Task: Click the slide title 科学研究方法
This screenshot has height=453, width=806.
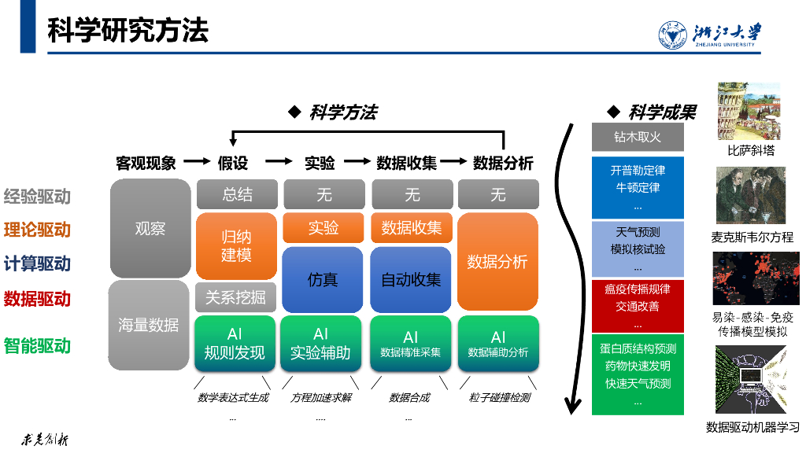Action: [128, 31]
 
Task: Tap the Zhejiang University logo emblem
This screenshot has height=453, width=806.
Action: [674, 35]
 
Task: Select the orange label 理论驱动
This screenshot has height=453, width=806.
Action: [37, 230]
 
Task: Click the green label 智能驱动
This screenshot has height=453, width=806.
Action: [37, 345]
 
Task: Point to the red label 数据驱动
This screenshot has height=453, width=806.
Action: [37, 299]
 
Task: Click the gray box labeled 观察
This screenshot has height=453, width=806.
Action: [150, 229]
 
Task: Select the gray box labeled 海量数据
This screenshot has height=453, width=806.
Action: [149, 325]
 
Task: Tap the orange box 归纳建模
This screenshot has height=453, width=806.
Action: [236, 245]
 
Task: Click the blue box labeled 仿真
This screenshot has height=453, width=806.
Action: [323, 279]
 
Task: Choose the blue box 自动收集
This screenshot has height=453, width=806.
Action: [411, 279]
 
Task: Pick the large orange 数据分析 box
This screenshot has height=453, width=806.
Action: [497, 261]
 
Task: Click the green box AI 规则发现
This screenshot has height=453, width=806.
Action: [235, 344]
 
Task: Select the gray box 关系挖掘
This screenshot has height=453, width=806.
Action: [235, 298]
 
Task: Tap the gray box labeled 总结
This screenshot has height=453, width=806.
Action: [237, 194]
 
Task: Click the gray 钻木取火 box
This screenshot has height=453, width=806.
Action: [638, 137]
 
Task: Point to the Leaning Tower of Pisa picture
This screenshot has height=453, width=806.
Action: [749, 111]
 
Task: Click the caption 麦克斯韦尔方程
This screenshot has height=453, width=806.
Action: [752, 237]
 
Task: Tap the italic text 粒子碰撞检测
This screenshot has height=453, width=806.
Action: [500, 397]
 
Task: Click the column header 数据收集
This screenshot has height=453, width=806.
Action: [406, 163]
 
